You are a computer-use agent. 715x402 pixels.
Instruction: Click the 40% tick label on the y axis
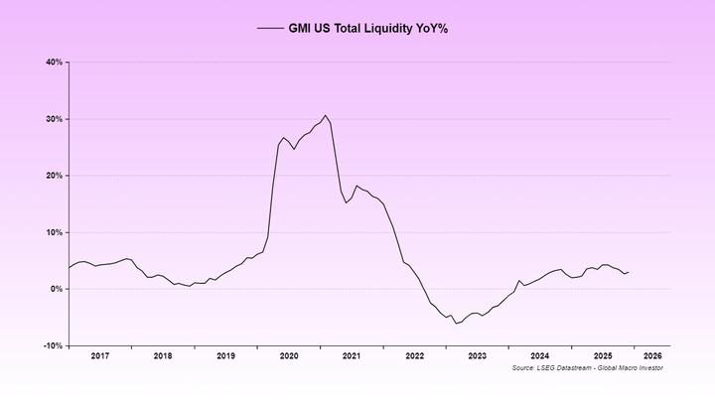tap(54, 62)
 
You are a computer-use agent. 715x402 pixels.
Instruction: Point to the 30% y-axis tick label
tap(54, 119)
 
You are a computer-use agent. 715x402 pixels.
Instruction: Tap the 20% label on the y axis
tap(54, 176)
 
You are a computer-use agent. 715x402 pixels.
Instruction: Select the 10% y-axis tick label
tap(54, 232)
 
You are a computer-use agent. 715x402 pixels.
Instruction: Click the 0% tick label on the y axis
tap(56, 289)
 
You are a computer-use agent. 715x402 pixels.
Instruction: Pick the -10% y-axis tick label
tap(53, 346)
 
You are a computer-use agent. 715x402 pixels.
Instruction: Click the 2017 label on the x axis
tap(99, 355)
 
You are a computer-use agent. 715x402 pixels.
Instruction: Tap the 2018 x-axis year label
tap(163, 355)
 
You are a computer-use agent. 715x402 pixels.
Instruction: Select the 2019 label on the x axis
tap(225, 355)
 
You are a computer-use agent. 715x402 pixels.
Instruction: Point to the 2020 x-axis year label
tap(289, 355)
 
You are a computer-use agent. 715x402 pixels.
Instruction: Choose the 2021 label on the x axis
tap(352, 355)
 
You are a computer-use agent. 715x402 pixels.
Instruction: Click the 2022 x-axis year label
tap(414, 355)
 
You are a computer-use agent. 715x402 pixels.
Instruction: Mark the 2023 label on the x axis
tap(478, 355)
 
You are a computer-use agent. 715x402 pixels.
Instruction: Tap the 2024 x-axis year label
tap(540, 355)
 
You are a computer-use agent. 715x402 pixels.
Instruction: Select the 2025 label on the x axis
tap(603, 355)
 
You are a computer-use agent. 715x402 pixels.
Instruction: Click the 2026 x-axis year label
tap(652, 355)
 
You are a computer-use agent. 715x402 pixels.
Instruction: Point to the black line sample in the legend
tap(269, 29)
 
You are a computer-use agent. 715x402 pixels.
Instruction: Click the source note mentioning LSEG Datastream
tap(587, 368)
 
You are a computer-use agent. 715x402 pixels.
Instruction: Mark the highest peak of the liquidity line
tap(325, 115)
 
